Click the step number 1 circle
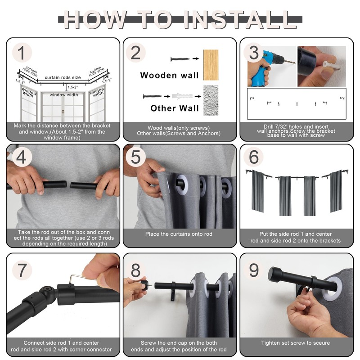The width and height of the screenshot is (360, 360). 22,53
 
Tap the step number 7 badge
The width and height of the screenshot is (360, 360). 22,270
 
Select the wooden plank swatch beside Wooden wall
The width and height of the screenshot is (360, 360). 211,65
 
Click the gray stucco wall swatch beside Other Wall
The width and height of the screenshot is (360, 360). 211,100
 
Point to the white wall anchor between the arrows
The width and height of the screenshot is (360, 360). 182,96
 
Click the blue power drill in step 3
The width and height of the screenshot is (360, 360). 266,68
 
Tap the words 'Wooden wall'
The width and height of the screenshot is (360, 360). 169,75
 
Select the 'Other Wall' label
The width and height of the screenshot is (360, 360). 175,108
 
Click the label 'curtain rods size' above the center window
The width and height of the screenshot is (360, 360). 63,77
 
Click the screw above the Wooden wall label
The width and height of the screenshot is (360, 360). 180,59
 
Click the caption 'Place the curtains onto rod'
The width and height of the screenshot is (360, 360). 179,234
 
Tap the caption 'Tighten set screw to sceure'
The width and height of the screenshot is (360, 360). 296,343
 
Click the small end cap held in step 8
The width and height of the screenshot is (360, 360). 144,285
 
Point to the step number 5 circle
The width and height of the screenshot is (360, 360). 136,157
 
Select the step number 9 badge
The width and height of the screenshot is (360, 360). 254,270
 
